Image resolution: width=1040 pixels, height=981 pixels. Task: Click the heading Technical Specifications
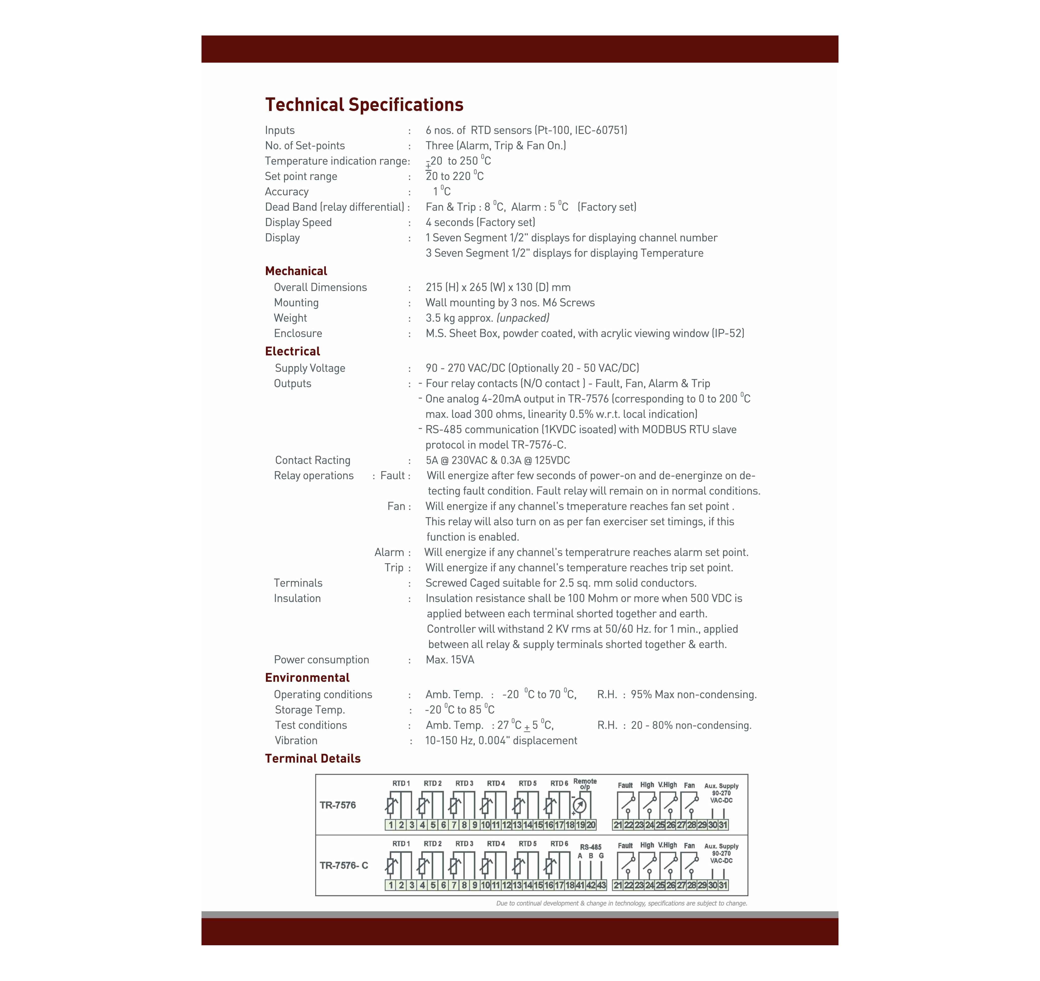(364, 105)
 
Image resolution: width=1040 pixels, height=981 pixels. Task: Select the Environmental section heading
(307, 677)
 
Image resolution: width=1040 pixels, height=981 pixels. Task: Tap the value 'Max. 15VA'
(450, 660)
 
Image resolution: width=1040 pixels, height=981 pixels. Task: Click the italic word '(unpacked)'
(523, 318)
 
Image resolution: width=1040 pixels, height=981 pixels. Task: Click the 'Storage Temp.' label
(310, 710)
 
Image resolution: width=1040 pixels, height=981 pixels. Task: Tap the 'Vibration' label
(296, 741)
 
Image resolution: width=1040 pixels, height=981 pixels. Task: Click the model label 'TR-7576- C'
(344, 865)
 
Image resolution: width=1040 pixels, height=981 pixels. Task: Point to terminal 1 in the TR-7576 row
(391, 825)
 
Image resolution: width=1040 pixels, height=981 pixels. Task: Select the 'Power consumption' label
(321, 660)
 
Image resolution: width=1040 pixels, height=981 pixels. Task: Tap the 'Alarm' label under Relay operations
(389, 552)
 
